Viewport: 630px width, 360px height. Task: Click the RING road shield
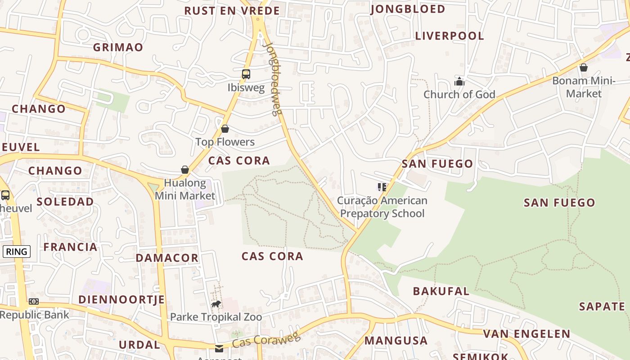17,252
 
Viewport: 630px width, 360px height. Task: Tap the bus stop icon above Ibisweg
246,74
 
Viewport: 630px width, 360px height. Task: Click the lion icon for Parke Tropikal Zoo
216,304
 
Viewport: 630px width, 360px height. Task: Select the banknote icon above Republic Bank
34,301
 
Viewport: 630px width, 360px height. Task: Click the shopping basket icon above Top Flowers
225,129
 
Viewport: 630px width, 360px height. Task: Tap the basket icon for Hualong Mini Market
184,170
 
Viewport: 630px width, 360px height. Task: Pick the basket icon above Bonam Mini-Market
584,67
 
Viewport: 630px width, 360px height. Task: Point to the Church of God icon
459,81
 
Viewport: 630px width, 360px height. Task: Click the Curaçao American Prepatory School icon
382,187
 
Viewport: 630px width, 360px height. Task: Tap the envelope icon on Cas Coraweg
219,348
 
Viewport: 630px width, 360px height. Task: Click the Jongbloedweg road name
272,79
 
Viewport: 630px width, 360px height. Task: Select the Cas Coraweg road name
266,340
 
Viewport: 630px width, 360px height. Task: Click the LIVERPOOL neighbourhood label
449,36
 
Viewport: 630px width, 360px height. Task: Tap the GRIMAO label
118,47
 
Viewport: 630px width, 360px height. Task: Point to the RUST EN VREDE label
232,11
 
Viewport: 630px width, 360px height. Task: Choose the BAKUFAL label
441,291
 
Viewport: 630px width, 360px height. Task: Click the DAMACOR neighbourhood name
167,258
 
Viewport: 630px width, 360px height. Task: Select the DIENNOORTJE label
121,300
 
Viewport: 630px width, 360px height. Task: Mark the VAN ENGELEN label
526,334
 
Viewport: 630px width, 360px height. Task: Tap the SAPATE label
602,307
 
